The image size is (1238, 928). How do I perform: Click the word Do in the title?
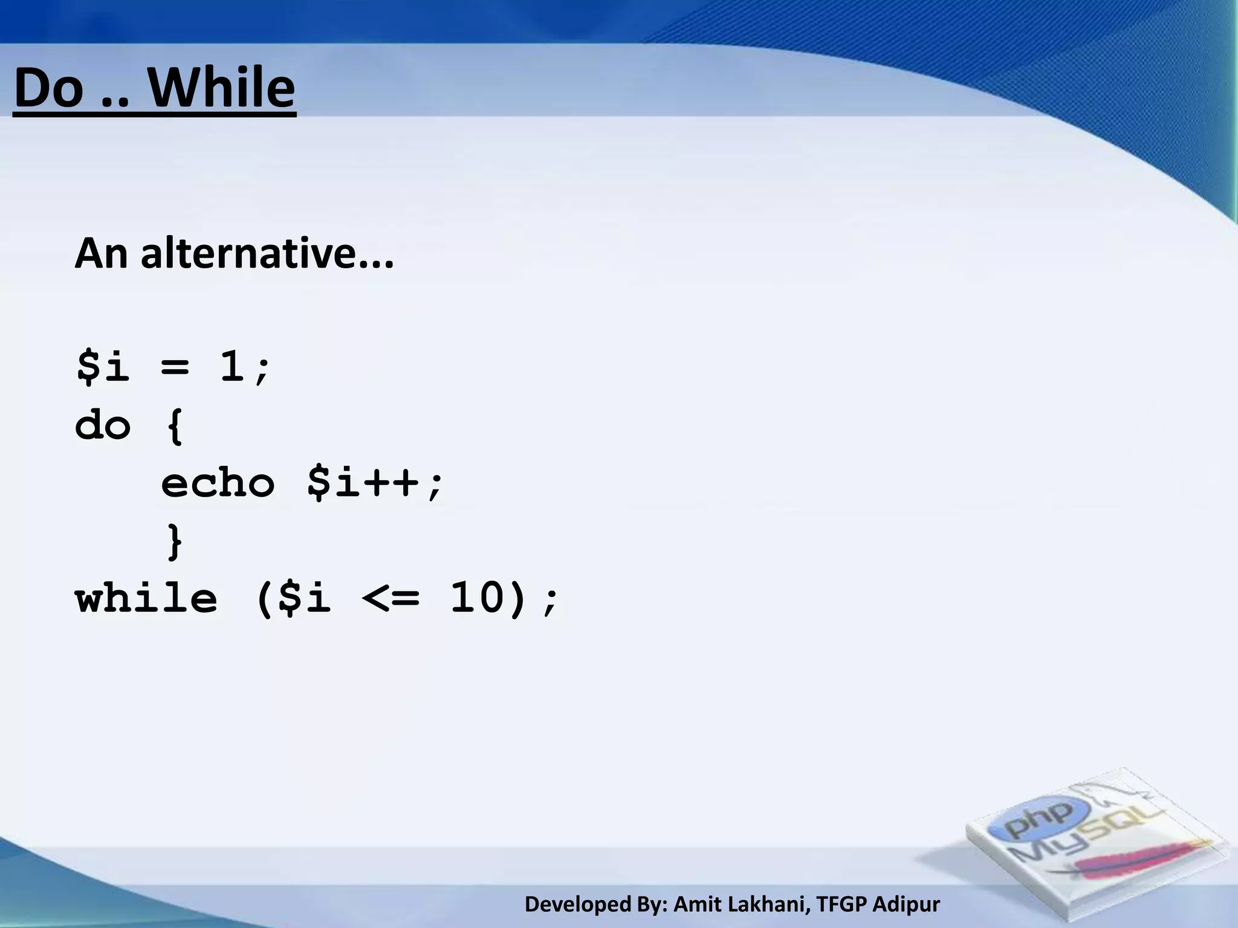(48, 88)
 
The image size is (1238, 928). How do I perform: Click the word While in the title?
(222, 88)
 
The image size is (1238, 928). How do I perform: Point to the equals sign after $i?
(175, 366)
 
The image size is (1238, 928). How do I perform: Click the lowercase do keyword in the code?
(103, 425)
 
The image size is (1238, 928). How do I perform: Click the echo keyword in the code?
(218, 483)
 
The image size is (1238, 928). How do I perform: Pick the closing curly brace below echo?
(174, 541)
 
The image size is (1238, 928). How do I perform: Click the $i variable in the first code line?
(103, 366)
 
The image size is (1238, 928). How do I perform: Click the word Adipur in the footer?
(906, 904)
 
